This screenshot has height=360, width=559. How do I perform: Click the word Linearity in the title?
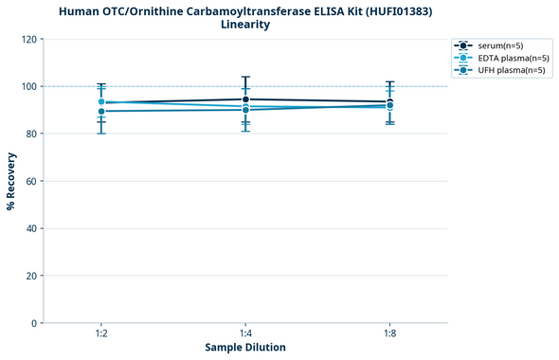click(x=244, y=25)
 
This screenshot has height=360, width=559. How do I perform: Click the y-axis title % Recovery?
click(x=11, y=181)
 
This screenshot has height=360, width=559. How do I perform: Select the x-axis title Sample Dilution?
click(x=245, y=348)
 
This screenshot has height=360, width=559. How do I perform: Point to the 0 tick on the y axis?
click(x=33, y=323)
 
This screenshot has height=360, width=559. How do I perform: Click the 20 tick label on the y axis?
click(x=30, y=276)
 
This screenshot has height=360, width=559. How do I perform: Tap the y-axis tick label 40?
click(x=30, y=228)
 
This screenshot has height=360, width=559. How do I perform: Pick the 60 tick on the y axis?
click(x=30, y=181)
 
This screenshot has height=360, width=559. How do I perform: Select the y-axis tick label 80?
click(x=30, y=134)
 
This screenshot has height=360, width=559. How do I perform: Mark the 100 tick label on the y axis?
click(x=27, y=86)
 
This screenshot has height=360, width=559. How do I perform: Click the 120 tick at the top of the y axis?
click(x=27, y=39)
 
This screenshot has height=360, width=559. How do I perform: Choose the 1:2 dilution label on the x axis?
click(x=101, y=333)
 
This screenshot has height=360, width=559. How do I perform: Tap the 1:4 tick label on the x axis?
click(x=245, y=333)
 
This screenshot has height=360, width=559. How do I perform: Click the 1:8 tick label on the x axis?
click(x=389, y=333)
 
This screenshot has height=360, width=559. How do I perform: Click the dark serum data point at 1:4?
click(x=245, y=99)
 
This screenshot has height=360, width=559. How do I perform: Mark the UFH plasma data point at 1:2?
click(x=101, y=112)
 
